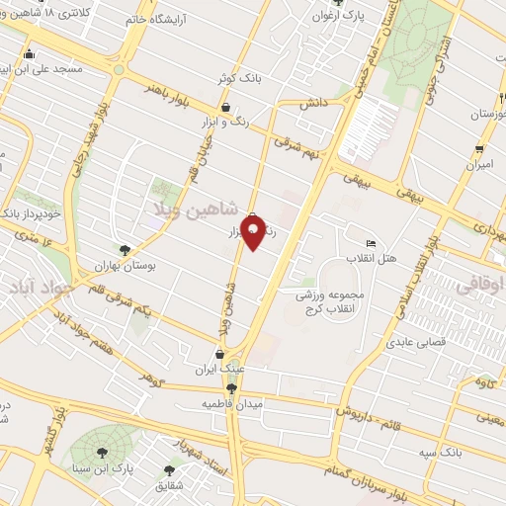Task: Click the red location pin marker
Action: [x=253, y=230]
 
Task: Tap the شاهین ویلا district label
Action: [x=198, y=210]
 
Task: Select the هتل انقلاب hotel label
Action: [x=372, y=259]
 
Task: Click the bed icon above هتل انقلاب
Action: [x=371, y=244]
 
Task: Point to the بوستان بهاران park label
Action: [x=126, y=266]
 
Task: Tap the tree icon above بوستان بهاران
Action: [x=125, y=250]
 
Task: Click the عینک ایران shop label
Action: [x=218, y=369]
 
